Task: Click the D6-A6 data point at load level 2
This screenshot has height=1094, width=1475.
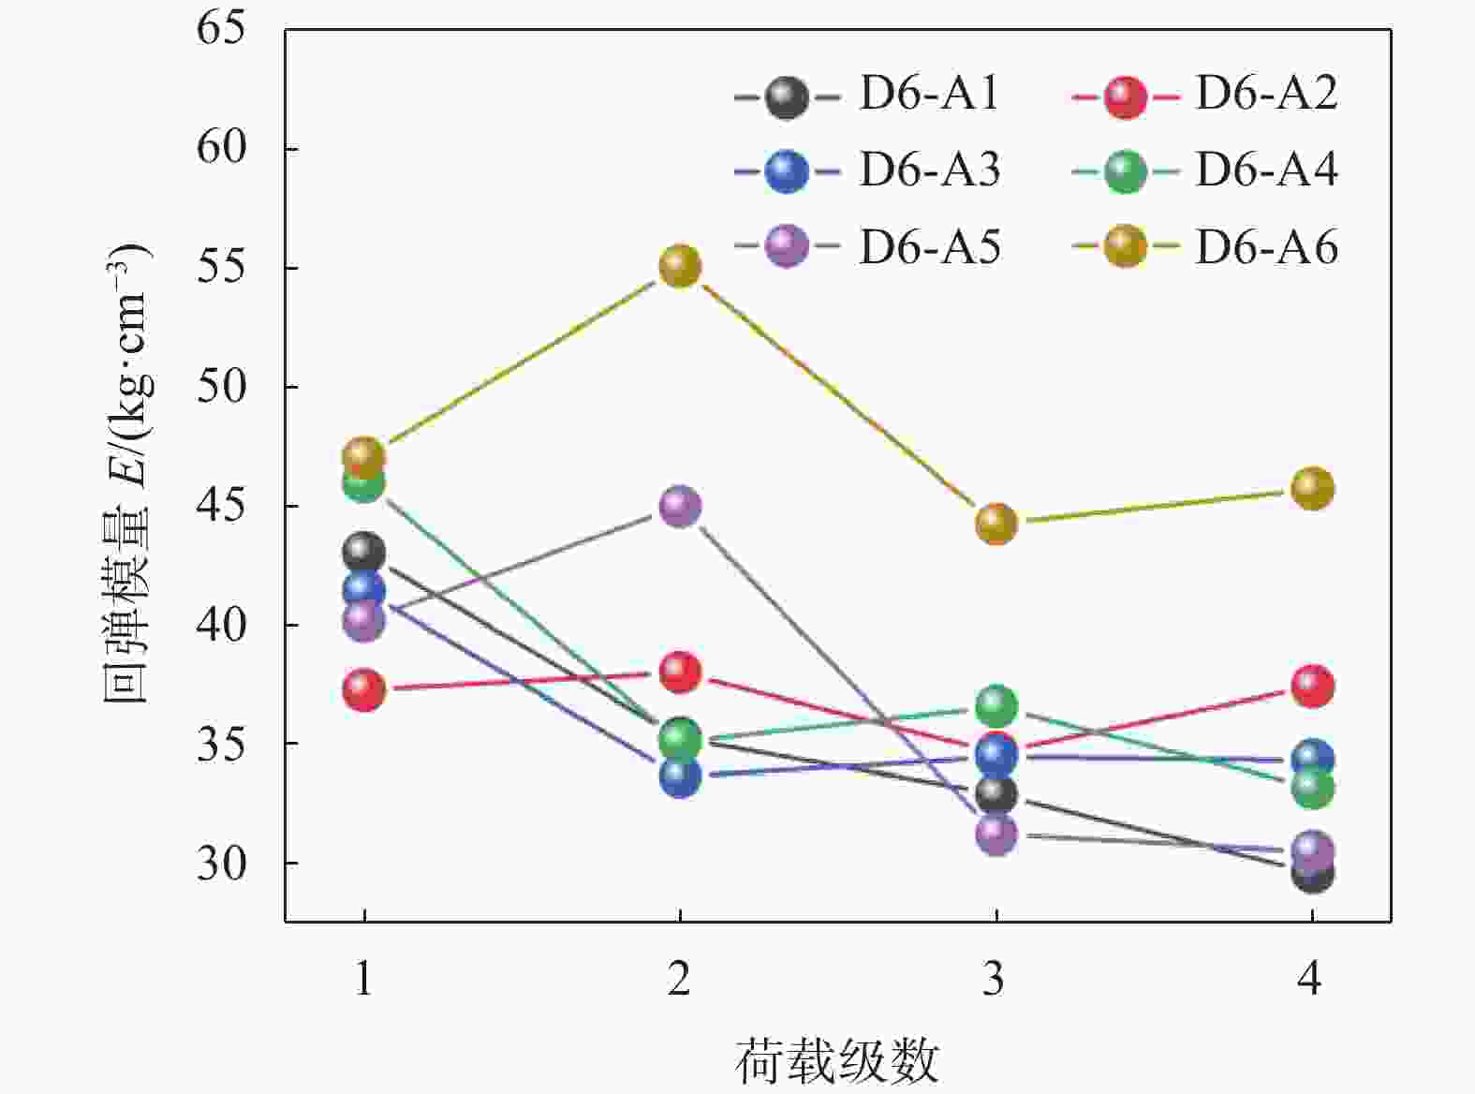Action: (680, 267)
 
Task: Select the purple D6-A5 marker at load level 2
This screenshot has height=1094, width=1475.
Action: (680, 507)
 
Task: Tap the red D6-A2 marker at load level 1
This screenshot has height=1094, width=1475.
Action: (363, 690)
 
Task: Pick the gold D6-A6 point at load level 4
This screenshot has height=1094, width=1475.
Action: (1312, 489)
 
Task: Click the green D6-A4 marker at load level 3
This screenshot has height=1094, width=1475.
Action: (996, 705)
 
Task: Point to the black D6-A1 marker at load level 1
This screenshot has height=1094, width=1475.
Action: (363, 552)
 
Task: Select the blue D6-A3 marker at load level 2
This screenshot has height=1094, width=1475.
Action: (680, 776)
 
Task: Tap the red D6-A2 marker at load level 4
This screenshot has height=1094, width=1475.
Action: (1312, 687)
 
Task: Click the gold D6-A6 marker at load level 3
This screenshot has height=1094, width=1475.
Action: (996, 524)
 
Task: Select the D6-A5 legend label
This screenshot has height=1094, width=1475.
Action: (929, 248)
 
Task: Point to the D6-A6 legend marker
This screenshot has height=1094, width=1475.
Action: (1124, 247)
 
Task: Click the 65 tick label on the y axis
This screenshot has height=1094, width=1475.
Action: (221, 29)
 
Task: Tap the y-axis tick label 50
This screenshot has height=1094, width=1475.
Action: (221, 387)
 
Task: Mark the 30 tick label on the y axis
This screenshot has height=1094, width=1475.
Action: (221, 864)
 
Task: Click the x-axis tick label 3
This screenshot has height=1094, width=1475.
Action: (995, 979)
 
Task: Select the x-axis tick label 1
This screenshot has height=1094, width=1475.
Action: (363, 979)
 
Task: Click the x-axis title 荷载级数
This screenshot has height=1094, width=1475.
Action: (836, 1062)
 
